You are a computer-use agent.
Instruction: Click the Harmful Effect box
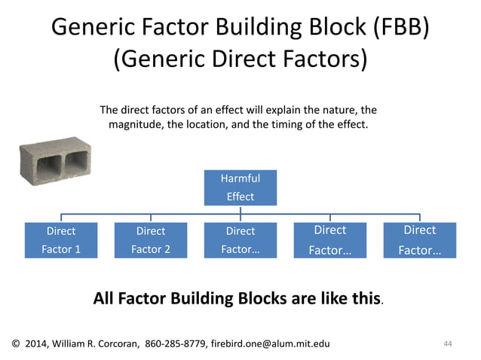click(x=240, y=188)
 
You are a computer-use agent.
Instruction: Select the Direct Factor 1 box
click(x=61, y=239)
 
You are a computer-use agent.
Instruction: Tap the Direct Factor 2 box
click(x=151, y=239)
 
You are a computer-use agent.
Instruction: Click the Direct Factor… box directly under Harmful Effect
click(x=240, y=239)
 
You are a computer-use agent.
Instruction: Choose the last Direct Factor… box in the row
click(x=419, y=239)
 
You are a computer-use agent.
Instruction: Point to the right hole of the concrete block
click(x=78, y=160)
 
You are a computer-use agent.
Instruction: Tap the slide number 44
click(x=448, y=344)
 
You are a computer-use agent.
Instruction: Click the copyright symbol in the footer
click(x=16, y=344)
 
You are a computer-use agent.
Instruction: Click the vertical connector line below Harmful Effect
click(x=240, y=211)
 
